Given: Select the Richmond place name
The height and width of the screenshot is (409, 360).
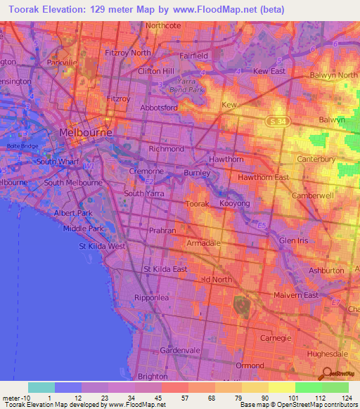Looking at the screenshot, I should coord(167,149).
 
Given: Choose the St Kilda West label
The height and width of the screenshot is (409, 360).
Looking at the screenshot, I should coord(103,246).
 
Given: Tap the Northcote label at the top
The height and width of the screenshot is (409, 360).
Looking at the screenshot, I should coord(164,25).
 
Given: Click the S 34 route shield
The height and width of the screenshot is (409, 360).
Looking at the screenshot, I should coord(277,122).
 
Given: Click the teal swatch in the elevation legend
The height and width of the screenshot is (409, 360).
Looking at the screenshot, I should coord(41,387).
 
